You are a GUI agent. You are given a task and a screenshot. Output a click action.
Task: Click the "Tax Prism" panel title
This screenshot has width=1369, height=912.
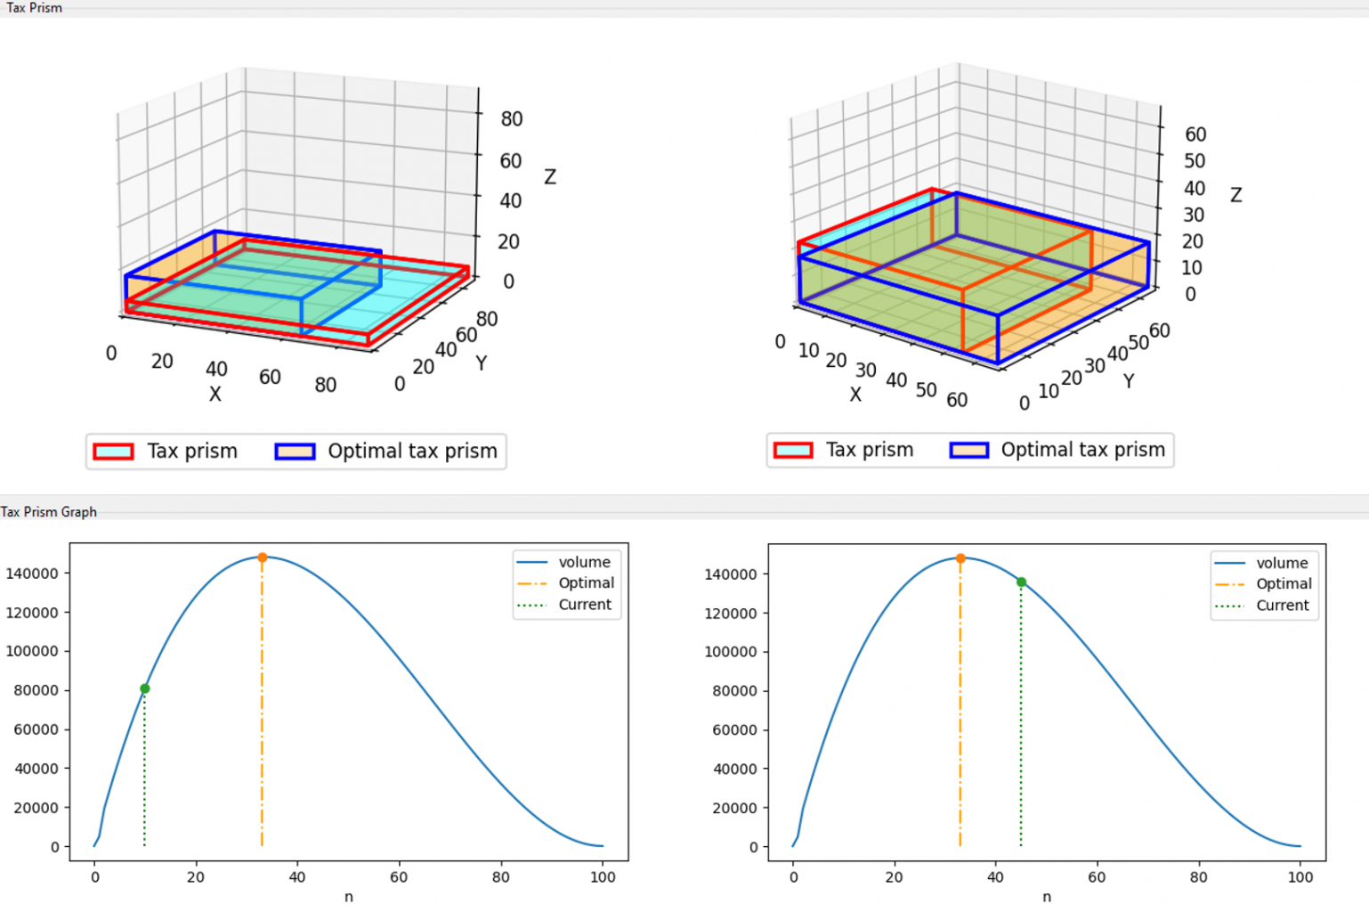34,8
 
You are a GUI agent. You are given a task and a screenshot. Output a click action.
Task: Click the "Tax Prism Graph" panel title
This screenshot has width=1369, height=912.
49,512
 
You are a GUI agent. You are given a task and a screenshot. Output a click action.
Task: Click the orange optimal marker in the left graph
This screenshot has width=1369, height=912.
262,558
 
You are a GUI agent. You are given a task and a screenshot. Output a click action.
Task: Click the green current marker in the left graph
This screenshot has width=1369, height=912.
145,688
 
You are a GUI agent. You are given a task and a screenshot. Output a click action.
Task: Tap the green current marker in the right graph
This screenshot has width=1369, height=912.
1021,582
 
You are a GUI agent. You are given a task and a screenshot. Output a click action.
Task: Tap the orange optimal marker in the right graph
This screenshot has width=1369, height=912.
960,558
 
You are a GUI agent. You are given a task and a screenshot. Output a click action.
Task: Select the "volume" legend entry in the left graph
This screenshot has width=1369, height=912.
584,562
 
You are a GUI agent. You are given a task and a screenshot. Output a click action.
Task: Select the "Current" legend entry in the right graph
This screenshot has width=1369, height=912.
1282,606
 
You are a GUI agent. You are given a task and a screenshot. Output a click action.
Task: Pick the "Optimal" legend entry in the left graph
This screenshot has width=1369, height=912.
586,583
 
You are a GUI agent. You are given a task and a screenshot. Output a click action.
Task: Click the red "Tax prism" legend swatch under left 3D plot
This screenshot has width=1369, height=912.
114,452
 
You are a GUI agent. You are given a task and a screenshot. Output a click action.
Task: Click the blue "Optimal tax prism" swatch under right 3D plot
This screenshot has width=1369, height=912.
968,451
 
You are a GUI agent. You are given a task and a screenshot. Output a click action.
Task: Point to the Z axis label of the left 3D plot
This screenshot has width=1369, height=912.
550,177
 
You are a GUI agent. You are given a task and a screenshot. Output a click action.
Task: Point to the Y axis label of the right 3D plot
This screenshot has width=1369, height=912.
1129,381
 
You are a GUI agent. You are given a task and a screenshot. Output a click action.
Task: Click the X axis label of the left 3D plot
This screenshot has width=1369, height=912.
215,394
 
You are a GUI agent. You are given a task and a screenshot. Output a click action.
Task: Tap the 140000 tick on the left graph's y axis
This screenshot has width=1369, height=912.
32,574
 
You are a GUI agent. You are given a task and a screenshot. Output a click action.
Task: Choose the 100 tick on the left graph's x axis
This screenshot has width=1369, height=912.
603,877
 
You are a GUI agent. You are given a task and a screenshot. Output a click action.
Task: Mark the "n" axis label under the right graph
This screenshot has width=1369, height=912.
1047,897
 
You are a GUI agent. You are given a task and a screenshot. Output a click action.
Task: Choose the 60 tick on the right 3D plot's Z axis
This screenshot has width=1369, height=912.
1195,134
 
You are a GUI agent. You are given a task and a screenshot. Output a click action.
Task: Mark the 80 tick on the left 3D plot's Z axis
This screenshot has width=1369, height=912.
512,119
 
